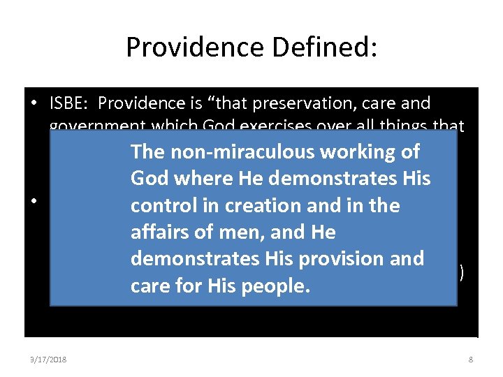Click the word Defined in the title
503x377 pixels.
(x=333, y=47)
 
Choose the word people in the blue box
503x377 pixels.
(x=274, y=286)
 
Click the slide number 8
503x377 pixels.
(x=471, y=360)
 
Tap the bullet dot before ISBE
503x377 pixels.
(x=35, y=104)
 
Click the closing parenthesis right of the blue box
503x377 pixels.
(x=462, y=272)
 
